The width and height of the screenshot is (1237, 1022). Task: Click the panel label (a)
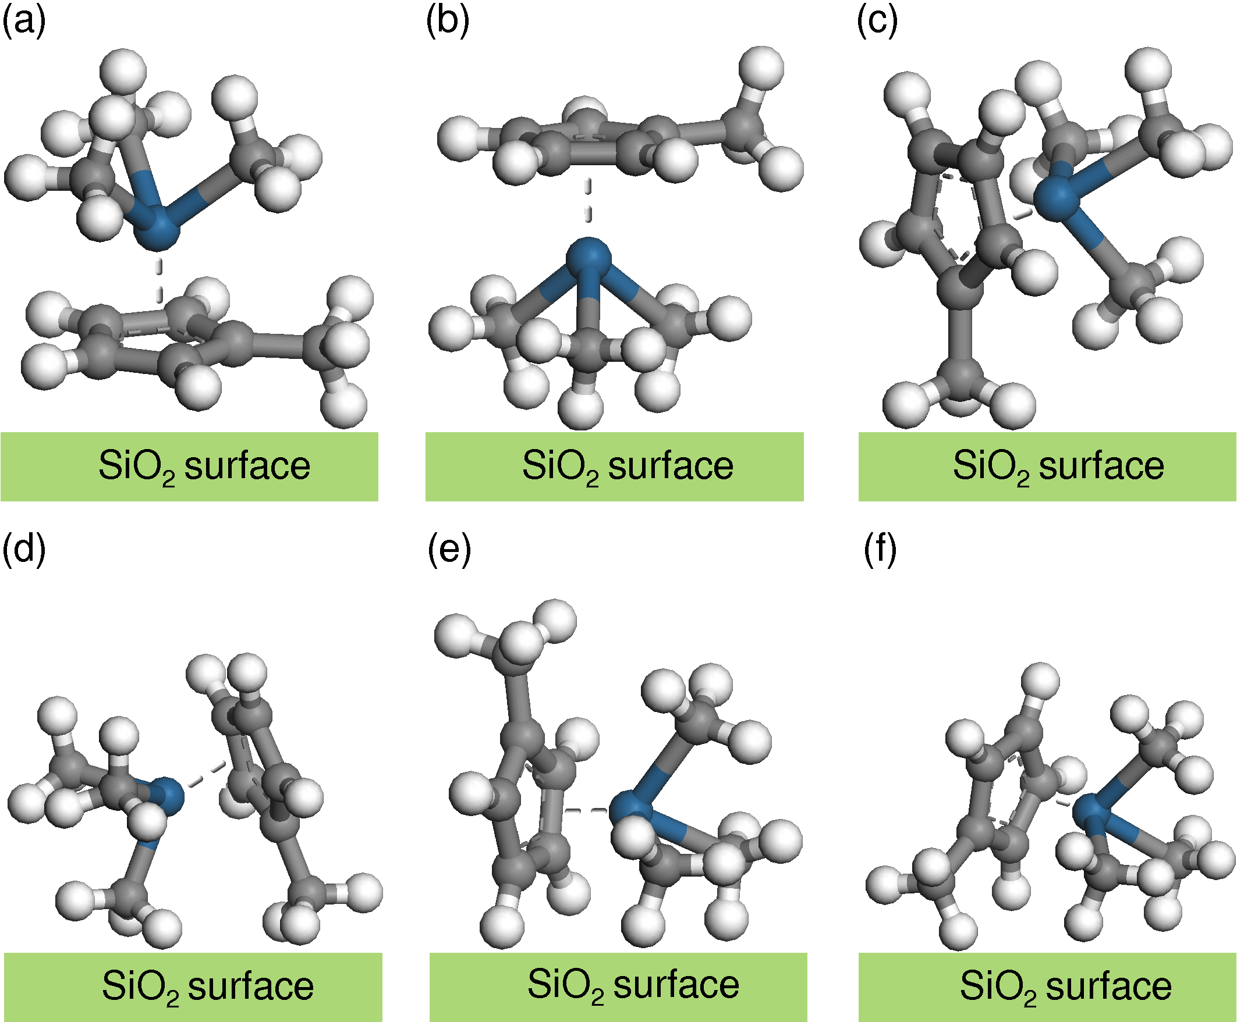(23, 22)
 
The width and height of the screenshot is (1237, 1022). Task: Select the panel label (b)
(448, 22)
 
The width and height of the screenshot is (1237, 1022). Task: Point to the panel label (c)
(877, 22)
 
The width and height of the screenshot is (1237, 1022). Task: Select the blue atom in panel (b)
(589, 257)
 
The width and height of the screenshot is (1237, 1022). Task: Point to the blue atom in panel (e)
(631, 811)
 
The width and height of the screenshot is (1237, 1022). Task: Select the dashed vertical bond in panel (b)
(588, 201)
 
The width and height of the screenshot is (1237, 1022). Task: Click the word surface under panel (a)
(247, 467)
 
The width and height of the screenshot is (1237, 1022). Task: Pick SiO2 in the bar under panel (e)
(565, 985)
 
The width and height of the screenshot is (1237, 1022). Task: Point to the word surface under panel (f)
(1109, 987)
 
